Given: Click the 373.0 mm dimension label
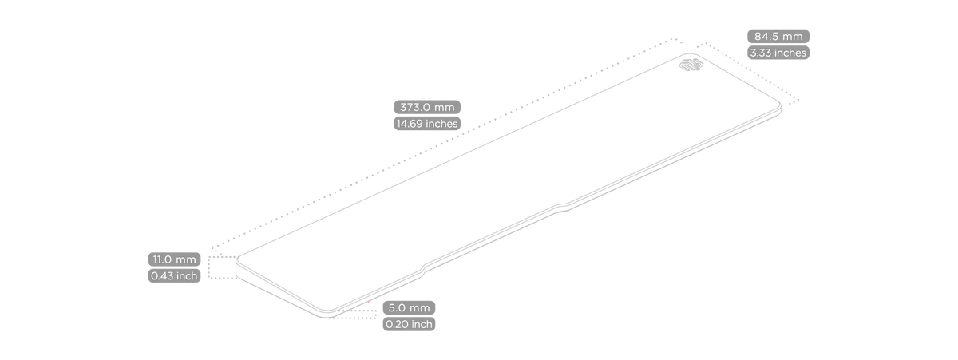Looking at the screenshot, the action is (x=427, y=107).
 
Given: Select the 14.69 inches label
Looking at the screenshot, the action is (x=427, y=124).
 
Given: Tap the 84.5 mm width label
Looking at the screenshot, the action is (x=778, y=37).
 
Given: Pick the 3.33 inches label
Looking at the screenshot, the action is (x=778, y=53).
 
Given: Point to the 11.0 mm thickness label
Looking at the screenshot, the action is (x=175, y=259).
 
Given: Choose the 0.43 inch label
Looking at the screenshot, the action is (x=175, y=275).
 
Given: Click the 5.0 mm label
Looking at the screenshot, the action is (x=409, y=308).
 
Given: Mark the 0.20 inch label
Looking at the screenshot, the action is (x=409, y=324).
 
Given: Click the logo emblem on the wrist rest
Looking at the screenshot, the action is (x=691, y=65).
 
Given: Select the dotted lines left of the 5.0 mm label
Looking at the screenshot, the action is (x=350, y=315).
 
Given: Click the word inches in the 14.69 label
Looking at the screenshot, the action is (x=442, y=124).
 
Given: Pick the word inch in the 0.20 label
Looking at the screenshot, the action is (x=421, y=324).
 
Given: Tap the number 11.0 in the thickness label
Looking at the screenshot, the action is (x=163, y=259).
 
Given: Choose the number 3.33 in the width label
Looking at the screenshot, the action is (x=759, y=53).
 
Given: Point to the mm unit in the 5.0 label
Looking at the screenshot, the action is (x=420, y=308).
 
